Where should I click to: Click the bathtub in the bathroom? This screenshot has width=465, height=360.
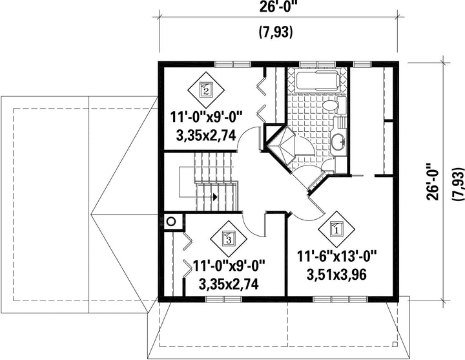click(x=318, y=80)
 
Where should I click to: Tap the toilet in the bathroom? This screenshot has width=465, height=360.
click(x=334, y=106)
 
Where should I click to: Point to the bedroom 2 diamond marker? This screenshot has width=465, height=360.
click(x=206, y=90)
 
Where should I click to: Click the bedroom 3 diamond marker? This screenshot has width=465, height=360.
click(x=229, y=238)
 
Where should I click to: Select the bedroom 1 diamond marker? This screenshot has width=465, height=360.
click(x=336, y=229)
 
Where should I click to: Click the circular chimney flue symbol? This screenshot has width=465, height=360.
click(x=171, y=222)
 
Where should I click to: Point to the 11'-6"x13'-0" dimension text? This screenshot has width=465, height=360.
click(x=336, y=256)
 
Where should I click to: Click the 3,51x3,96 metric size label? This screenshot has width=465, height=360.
click(x=336, y=275)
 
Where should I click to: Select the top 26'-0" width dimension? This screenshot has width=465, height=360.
click(x=278, y=7)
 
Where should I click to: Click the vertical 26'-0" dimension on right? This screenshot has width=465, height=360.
click(x=433, y=182)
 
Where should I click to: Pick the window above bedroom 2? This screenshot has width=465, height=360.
click(x=233, y=64)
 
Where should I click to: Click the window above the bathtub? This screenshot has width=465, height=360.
click(x=317, y=64)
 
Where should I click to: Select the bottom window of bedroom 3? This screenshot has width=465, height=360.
click(x=224, y=299)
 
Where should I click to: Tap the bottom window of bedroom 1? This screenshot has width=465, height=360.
click(x=340, y=299)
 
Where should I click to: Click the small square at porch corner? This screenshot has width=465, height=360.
click(x=395, y=344)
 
